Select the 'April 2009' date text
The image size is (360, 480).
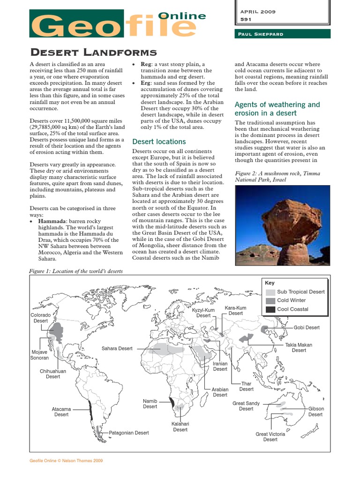[x=258, y=12]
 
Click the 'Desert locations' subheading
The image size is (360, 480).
[x=159, y=142]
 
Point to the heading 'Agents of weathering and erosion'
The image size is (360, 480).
[x=277, y=109]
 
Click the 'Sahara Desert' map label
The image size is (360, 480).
[x=117, y=349]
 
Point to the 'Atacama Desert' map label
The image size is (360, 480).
[x=61, y=412]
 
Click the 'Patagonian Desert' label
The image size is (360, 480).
[x=129, y=433]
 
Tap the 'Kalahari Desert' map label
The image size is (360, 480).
[x=180, y=427]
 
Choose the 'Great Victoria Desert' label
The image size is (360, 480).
[x=270, y=437]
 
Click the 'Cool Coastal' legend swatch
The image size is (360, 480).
[x=270, y=309]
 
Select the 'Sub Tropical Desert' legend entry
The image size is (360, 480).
[x=300, y=292]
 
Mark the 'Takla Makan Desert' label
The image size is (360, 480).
[x=299, y=347]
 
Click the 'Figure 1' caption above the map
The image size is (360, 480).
[x=76, y=271]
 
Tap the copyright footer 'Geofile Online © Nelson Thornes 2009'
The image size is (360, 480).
[x=66, y=461]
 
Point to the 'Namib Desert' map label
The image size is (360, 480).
[x=150, y=404]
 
